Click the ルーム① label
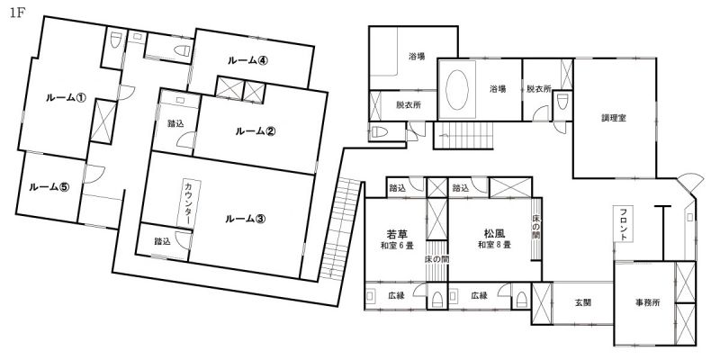point(66,97)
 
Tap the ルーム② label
point(256,131)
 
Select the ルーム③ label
point(245,219)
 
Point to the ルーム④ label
point(247,60)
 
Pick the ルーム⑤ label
point(49,187)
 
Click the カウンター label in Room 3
point(189,203)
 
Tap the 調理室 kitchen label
point(614,118)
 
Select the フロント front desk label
point(624,224)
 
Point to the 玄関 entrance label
point(582,303)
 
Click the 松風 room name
point(494,233)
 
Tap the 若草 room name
point(397,233)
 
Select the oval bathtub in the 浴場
point(457,89)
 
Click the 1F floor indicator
point(16,13)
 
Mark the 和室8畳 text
point(494,245)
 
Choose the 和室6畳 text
point(397,246)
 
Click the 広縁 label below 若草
point(397,296)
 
